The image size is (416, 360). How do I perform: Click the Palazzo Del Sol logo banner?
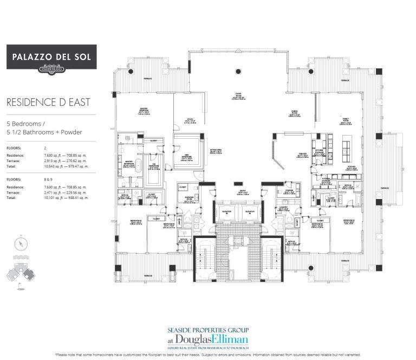point(51,57)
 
